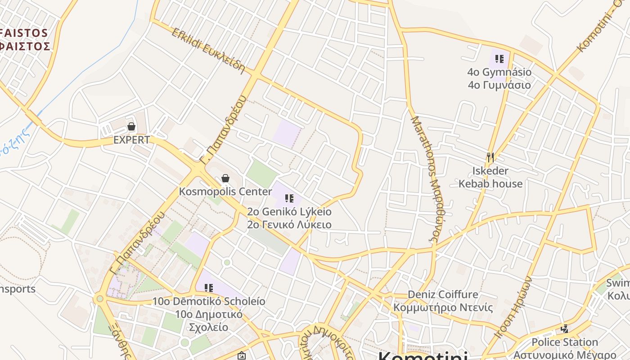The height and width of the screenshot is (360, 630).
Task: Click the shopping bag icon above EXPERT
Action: [131, 126]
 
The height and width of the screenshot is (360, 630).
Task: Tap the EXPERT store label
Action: [131, 140]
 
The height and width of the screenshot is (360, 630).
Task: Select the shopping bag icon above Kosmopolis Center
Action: [225, 179]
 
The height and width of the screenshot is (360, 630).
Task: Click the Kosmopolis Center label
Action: [225, 192]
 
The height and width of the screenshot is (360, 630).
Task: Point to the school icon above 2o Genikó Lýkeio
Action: [289, 198]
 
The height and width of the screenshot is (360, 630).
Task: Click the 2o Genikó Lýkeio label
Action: [289, 218]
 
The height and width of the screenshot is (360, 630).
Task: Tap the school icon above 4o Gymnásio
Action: [499, 59]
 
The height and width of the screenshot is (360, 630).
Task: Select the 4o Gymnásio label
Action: [499, 78]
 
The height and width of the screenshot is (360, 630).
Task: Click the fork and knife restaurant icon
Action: [490, 157]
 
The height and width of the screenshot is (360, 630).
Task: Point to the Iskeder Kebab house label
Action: [490, 177]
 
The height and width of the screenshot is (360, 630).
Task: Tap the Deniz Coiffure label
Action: [443, 301]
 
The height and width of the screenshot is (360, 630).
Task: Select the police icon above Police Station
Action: [565, 329]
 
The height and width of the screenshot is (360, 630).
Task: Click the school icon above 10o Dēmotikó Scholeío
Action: [208, 288]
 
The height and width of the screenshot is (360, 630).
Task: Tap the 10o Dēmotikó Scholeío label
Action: [208, 314]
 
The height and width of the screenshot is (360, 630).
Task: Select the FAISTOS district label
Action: [25, 40]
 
